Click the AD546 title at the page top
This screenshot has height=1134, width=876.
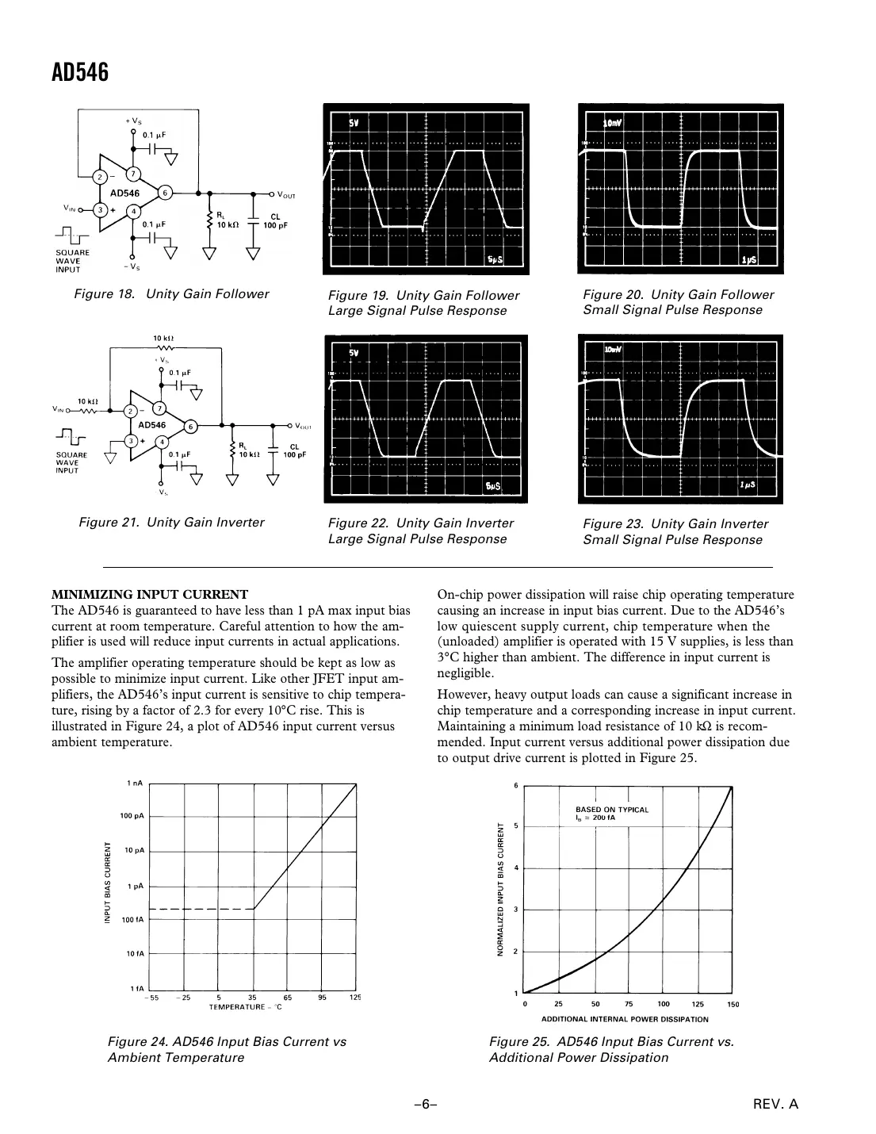pos(79,73)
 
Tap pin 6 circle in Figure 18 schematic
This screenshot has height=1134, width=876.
pos(165,193)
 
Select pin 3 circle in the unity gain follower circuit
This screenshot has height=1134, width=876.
pos(100,210)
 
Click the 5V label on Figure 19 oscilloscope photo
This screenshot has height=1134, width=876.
pos(354,124)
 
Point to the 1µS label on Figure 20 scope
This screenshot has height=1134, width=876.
pos(749,259)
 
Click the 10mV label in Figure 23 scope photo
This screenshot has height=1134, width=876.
pos(613,350)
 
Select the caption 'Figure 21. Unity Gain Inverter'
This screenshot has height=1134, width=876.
pos(171,522)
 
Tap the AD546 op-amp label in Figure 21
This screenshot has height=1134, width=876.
pos(152,425)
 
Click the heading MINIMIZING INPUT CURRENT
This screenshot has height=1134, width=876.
pos(150,594)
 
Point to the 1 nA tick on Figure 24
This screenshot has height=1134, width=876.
pos(135,783)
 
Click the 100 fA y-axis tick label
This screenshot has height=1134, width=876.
pos(132,920)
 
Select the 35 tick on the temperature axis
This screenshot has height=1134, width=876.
pos(253,998)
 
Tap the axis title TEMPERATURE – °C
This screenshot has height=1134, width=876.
pos(245,1007)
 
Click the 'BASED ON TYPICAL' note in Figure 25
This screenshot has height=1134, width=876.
pos(611,810)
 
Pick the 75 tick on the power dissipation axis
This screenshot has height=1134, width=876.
pos(629,1004)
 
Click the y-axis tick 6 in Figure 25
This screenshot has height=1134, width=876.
pos(516,786)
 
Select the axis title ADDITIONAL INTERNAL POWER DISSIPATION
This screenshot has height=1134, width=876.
pos(625,1019)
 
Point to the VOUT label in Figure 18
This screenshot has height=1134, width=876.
pos(286,195)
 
